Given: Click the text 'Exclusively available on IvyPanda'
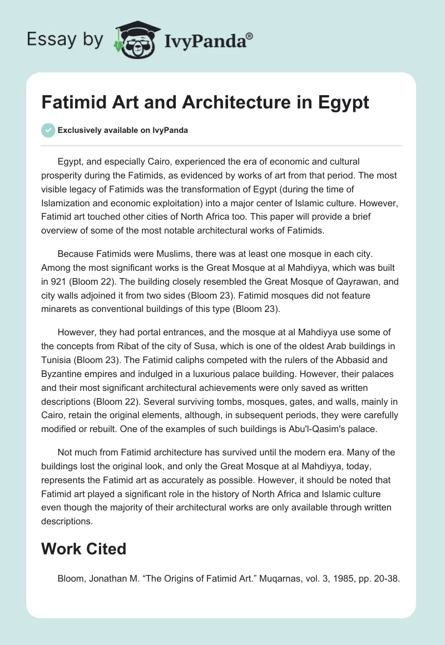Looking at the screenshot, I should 122,130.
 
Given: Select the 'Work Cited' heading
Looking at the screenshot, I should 83,549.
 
